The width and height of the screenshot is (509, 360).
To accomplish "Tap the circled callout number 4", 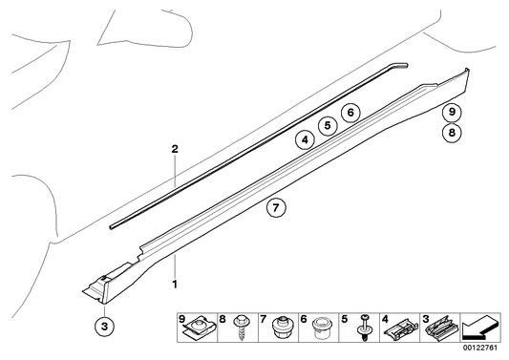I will (x=304, y=139).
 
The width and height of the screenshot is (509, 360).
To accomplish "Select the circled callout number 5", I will (x=327, y=125).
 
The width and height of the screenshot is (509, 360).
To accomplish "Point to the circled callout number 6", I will (x=350, y=113).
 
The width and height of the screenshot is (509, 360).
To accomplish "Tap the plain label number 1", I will (x=175, y=284).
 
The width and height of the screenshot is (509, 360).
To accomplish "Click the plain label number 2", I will (x=175, y=150).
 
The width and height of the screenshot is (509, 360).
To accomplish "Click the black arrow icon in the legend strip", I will (x=480, y=329).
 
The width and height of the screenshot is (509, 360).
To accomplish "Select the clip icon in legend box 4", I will (x=398, y=330).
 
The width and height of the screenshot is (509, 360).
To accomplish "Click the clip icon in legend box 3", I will (x=440, y=330).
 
